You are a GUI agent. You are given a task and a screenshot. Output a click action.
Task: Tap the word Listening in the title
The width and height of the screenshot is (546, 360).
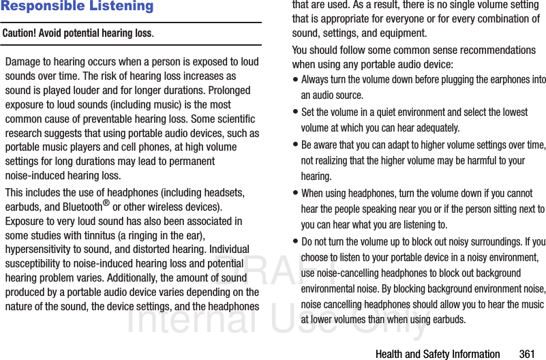tap(123, 7)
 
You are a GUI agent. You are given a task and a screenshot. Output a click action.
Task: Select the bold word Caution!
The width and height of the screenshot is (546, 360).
tap(20, 33)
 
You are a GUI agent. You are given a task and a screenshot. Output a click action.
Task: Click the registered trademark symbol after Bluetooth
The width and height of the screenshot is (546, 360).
tap(106, 203)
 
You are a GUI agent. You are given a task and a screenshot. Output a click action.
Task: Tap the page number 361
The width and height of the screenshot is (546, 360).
tap(527, 354)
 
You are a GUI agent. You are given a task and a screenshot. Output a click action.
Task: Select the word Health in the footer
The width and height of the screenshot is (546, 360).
tap(391, 354)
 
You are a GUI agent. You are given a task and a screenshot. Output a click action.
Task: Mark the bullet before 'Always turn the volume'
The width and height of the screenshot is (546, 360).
tap(295, 80)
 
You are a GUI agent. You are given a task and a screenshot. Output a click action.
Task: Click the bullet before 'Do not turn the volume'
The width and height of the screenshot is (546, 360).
tap(295, 242)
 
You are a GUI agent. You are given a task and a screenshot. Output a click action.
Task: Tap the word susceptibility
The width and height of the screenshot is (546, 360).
tap(36, 264)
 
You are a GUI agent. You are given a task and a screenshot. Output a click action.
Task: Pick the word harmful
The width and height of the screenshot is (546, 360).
tap(473, 161)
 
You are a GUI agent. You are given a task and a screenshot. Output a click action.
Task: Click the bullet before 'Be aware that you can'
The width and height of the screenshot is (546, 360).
tap(295, 145)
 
